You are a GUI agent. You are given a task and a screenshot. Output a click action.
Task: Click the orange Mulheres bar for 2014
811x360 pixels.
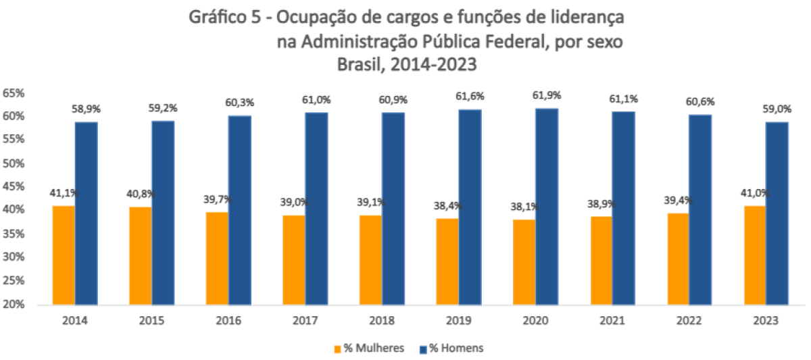point(64,255)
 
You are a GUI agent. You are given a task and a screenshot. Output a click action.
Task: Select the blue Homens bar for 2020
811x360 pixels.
point(546,206)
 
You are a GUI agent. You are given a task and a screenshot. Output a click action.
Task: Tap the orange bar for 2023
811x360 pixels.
point(754,255)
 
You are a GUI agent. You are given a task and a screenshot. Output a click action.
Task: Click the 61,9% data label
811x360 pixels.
point(546,95)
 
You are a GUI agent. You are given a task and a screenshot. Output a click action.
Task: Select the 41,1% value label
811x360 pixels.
point(64,193)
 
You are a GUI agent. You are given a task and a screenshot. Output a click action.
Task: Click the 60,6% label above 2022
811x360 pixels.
point(700,102)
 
